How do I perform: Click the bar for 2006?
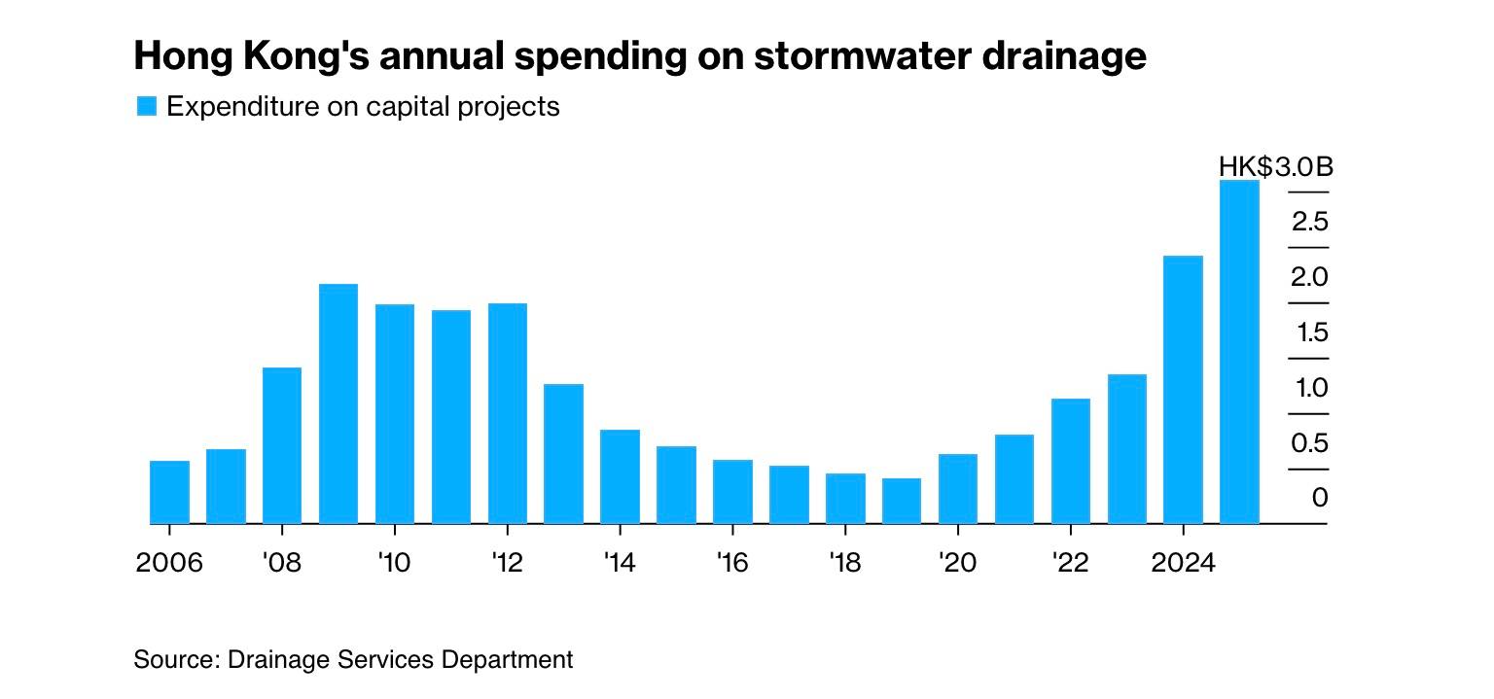(169, 492)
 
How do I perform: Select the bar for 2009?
(338, 403)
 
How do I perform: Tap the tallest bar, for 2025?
(1239, 352)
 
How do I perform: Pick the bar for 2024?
(1183, 390)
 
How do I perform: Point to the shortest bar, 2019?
(902, 501)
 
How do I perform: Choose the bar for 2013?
(564, 454)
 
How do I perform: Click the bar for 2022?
(1070, 461)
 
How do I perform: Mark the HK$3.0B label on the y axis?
(1275, 167)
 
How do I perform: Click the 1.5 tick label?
(1310, 333)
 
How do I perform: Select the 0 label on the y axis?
(1319, 499)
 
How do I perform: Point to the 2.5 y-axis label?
(1310, 223)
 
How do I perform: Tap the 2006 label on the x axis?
(169, 563)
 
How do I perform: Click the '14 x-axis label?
(620, 563)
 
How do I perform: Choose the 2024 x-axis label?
(1183, 563)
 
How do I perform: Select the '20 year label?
(958, 563)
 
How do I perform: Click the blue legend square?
(146, 106)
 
